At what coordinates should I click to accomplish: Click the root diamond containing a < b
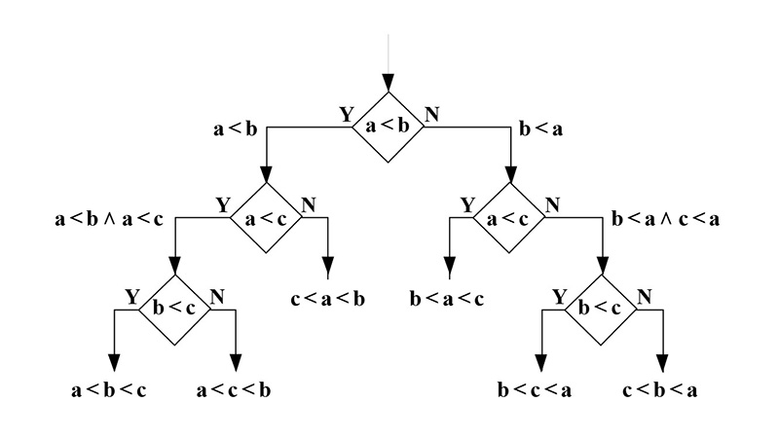point(389,127)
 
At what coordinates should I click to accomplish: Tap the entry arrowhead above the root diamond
point(389,82)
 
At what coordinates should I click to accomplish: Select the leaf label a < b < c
point(110,391)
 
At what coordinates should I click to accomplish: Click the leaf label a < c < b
point(234,391)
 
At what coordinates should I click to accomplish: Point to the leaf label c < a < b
point(328,299)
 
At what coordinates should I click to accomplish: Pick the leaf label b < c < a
point(536,391)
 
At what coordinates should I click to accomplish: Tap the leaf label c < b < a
point(659,391)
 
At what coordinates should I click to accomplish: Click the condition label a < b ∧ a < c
point(109,219)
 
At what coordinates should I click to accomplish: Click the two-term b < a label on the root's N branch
point(543,128)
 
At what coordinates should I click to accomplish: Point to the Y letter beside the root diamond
point(346,114)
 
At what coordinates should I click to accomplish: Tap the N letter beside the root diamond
point(431,114)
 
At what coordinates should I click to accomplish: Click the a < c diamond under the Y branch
point(267,219)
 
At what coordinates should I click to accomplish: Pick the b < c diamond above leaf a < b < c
point(175,310)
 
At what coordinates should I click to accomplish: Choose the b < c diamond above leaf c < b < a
point(602,310)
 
